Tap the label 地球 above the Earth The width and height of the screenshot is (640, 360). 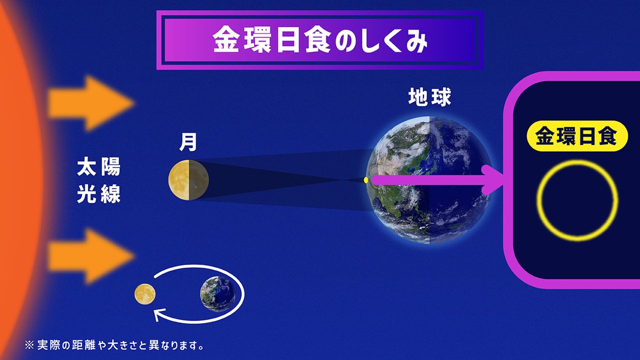point(429,97)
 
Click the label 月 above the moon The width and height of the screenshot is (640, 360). point(188,141)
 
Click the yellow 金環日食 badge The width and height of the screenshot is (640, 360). point(577,137)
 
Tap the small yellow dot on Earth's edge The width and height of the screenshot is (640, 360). point(366,181)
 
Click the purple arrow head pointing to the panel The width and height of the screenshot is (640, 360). point(493,180)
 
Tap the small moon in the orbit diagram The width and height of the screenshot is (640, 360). point(145,293)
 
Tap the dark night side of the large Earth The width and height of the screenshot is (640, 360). point(459,181)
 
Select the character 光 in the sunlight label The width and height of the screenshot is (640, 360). point(85,195)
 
